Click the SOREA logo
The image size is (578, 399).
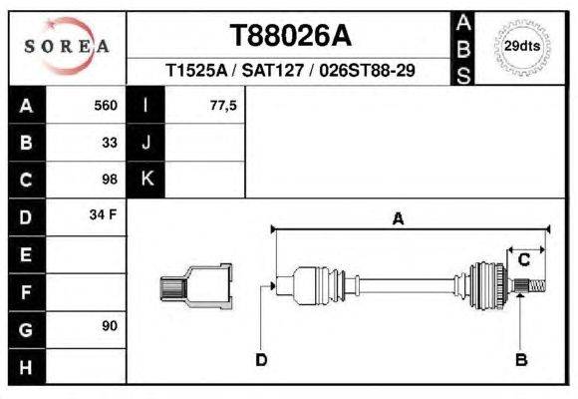pyautogui.click(x=66, y=45)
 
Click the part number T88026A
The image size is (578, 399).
pyautogui.click(x=290, y=36)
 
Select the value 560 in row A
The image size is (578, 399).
pyautogui.click(x=106, y=106)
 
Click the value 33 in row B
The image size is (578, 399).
pyautogui.click(x=110, y=143)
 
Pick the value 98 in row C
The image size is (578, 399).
pyautogui.click(x=110, y=180)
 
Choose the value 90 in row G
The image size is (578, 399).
pyautogui.click(x=110, y=326)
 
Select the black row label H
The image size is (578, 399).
pyautogui.click(x=26, y=365)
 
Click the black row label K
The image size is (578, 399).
pyautogui.click(x=146, y=180)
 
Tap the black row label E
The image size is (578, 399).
pyautogui.click(x=26, y=254)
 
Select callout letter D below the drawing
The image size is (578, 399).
pyautogui.click(x=260, y=359)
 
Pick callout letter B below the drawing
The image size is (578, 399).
pyautogui.click(x=520, y=359)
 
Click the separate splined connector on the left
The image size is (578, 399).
pyautogui.click(x=196, y=284)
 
